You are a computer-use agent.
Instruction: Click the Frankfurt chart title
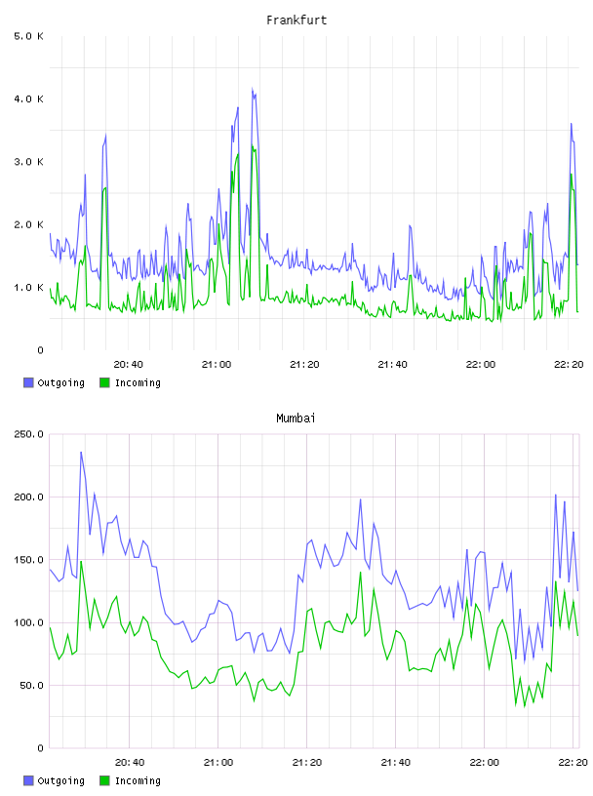pos(296,20)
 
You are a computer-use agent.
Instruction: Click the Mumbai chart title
pos(296,418)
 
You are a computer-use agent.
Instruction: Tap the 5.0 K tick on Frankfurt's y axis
pos(29,36)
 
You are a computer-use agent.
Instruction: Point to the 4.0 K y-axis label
pos(29,99)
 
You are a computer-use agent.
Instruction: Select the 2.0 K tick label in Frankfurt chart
pos(29,225)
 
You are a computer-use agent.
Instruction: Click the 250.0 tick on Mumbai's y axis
pos(29,434)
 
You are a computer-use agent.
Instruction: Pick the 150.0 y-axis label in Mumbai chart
pos(29,560)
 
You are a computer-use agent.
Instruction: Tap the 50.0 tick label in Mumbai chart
pos(31,686)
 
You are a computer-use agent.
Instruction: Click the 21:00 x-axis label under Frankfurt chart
pos(217,365)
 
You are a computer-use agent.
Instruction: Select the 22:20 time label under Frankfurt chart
pos(569,365)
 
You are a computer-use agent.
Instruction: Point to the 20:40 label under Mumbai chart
pos(130,763)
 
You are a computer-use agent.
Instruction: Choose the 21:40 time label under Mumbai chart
pos(396,763)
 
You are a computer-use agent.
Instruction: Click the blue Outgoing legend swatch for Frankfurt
pos(28,382)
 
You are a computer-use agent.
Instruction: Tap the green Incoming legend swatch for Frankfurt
pos(104,382)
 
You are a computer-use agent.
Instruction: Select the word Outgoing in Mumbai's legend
pos(60,780)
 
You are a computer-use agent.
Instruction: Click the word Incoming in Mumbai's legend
pos(138,780)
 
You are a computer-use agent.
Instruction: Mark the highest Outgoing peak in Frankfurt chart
pos(253,89)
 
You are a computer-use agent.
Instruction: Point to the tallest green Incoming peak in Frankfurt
pos(253,146)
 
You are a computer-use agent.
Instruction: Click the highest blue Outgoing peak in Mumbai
pos(81,453)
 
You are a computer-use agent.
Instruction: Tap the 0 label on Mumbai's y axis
pos(41,748)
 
